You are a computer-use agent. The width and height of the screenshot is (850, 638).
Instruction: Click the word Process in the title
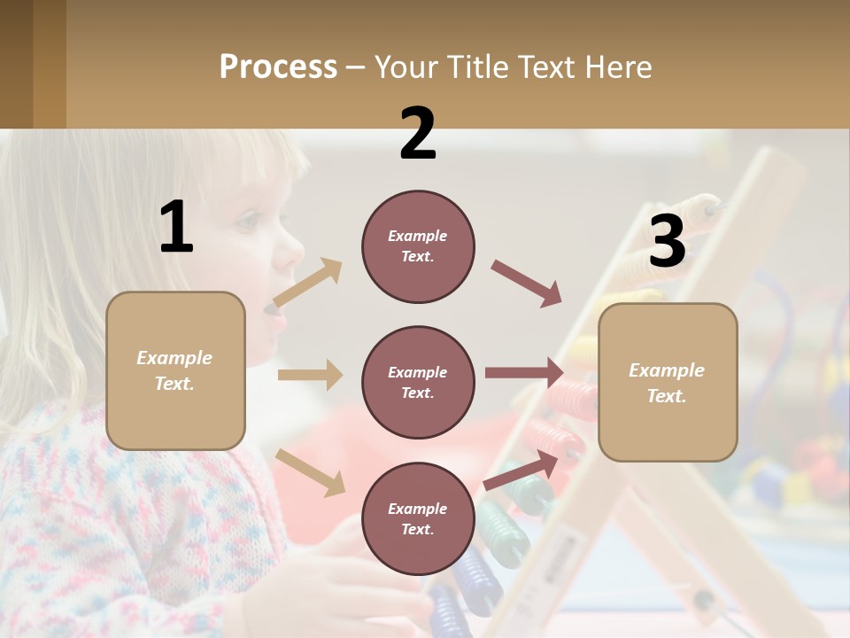pos(278,67)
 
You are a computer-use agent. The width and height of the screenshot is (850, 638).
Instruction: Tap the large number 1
pos(176,228)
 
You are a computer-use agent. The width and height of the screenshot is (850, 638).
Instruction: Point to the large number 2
pos(418,134)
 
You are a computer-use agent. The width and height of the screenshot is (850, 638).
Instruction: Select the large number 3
pos(668,243)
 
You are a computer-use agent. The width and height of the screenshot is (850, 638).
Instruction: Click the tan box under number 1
pos(175,370)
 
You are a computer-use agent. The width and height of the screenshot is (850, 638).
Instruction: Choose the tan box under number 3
pos(668,383)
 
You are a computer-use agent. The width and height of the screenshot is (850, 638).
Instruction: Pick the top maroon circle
pos(418,246)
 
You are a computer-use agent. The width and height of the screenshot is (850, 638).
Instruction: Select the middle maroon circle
pos(418,382)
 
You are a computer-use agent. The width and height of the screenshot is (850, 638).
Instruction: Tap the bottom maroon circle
pos(418,518)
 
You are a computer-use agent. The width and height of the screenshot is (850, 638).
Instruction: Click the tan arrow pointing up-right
pos(308,283)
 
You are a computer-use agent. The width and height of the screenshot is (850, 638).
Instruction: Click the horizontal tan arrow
pos(310,375)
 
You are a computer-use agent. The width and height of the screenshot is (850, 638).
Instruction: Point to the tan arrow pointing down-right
pos(310,471)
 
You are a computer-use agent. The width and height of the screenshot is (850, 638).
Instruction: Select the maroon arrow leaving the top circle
pos(526,284)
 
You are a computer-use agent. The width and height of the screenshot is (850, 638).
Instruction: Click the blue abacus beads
pos(460,589)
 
